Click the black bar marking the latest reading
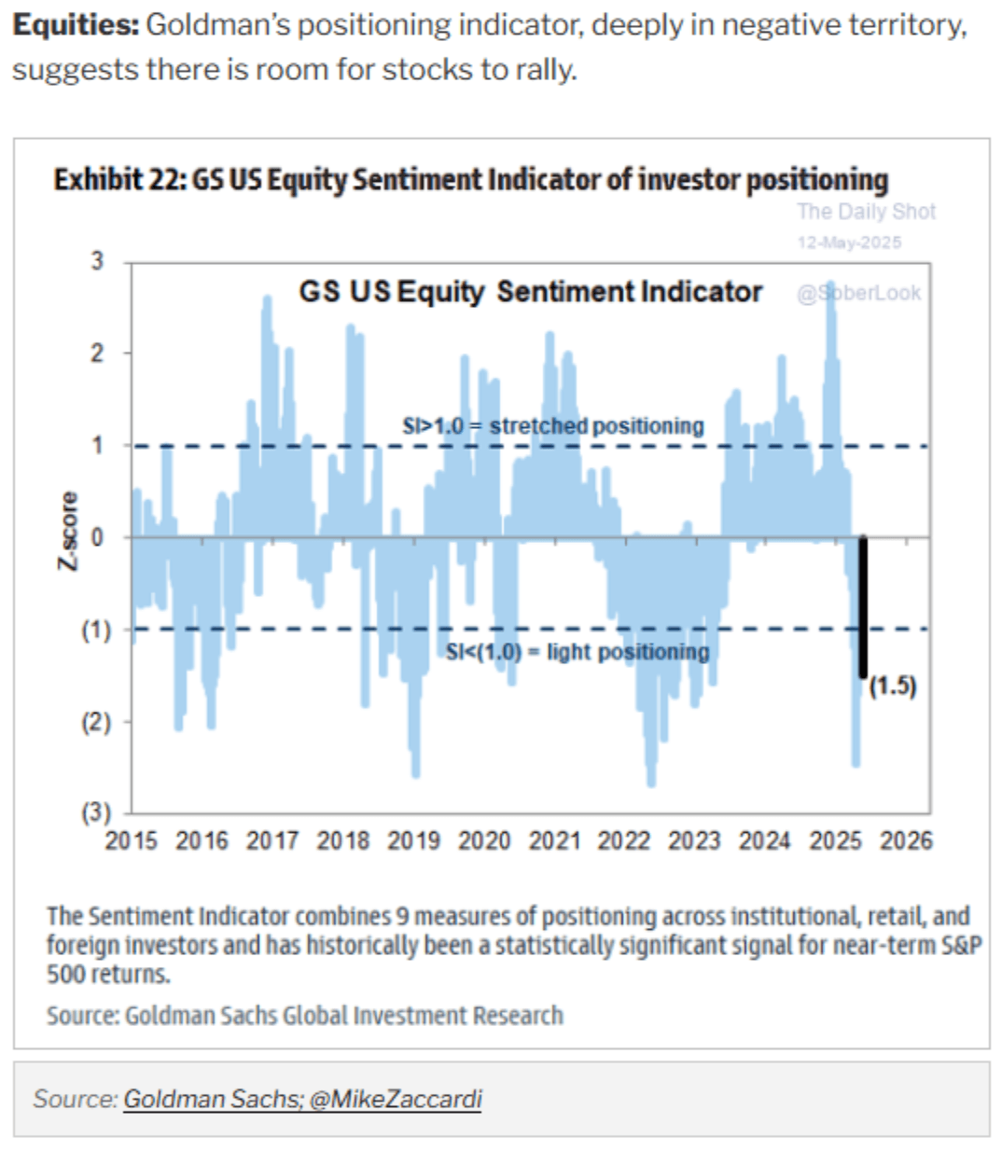(863, 606)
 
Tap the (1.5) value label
(893, 686)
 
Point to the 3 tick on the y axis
(97, 261)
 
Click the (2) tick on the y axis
(95, 722)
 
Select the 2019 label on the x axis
(413, 841)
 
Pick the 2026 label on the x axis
(906, 841)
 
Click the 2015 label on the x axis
(132, 841)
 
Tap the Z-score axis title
(68, 531)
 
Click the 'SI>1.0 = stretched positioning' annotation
(553, 426)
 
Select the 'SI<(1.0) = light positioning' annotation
(578, 651)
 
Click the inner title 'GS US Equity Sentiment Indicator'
(530, 292)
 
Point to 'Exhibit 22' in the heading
(119, 179)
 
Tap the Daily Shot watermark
(866, 212)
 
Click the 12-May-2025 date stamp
(849, 243)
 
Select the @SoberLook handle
(858, 293)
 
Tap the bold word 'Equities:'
(76, 25)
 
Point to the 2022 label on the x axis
(624, 841)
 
